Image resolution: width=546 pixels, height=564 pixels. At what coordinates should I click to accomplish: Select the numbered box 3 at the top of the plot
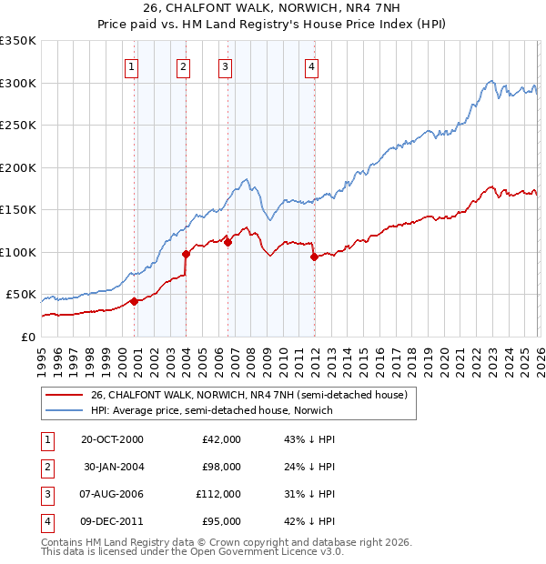225,65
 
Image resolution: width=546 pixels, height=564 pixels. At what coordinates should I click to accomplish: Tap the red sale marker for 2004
186,254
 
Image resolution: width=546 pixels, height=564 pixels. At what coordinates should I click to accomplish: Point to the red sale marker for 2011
313,257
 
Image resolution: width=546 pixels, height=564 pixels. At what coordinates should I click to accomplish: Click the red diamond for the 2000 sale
134,301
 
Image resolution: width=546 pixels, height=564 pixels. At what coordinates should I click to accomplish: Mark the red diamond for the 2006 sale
227,242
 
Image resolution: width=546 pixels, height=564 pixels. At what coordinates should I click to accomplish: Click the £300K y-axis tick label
18,83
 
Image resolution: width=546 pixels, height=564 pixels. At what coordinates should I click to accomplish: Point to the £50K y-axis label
21,295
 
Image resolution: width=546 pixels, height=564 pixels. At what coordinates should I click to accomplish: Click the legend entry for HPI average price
211,410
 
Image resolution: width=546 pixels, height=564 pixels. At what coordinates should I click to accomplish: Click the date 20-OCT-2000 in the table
112,439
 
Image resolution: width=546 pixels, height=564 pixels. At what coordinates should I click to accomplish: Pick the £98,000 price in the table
221,467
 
